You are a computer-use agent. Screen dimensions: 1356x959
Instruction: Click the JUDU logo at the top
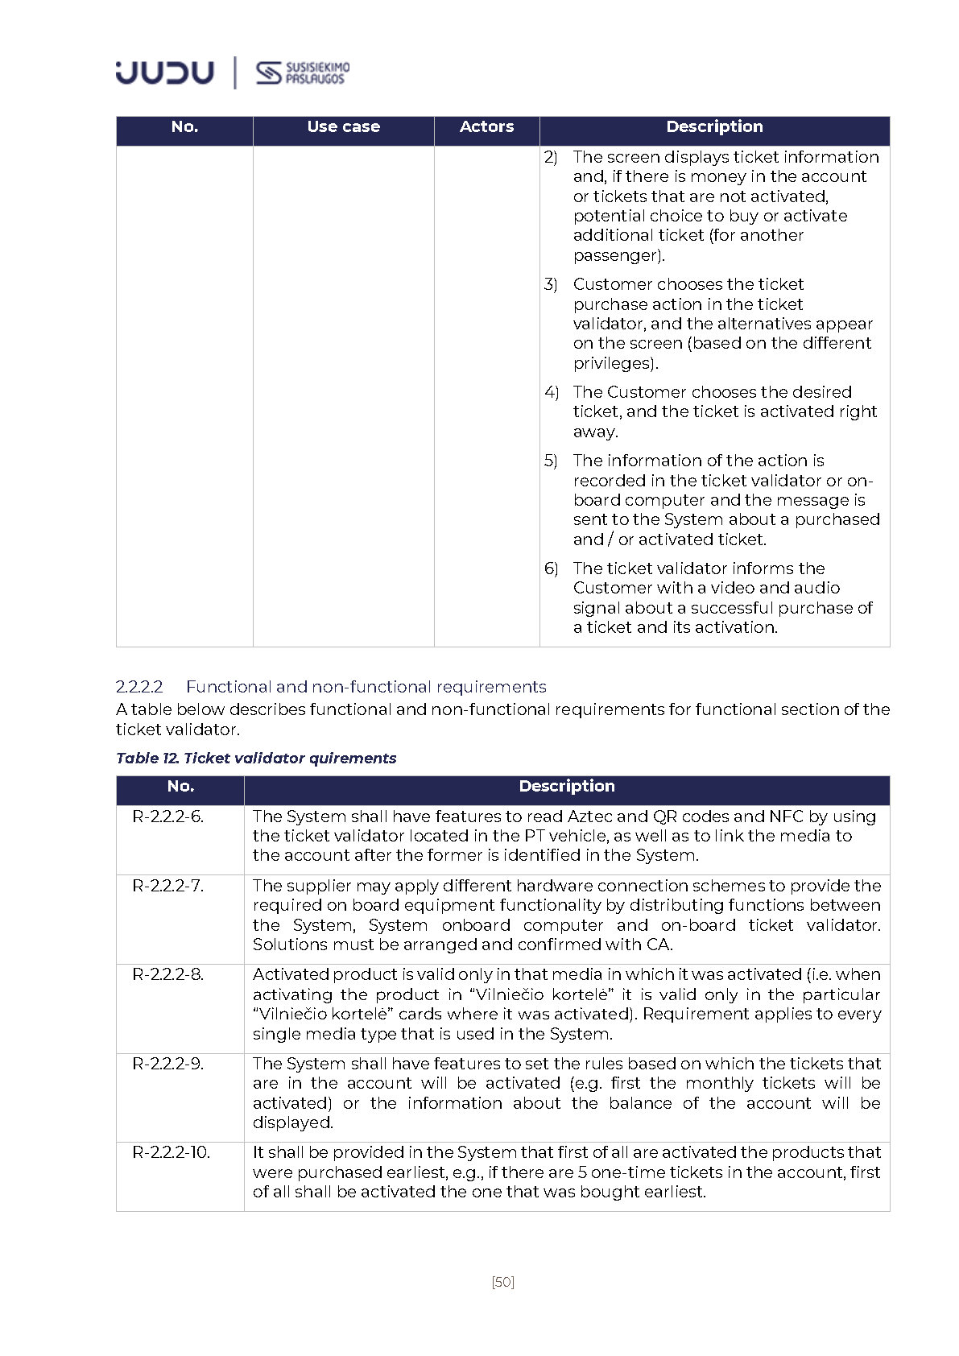pos(164,72)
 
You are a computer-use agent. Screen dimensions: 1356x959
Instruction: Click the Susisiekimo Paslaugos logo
pos(303,73)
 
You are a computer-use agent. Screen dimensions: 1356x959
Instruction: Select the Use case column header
pos(343,127)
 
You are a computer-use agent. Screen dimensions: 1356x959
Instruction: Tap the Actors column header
pos(486,127)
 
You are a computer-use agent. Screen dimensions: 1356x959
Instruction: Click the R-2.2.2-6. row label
pos(168,816)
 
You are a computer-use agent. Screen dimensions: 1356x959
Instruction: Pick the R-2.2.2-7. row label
pos(168,886)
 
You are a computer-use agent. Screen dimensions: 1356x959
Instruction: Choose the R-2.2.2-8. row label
pos(168,974)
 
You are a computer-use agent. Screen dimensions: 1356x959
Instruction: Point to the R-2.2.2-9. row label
pos(168,1064)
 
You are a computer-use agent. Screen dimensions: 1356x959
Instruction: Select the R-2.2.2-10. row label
pos(171,1152)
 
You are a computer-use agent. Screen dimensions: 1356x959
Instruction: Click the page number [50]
pos(502,1282)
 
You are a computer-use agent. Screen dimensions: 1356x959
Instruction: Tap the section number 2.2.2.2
pos(139,687)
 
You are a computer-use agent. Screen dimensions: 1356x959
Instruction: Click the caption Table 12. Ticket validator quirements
pos(256,758)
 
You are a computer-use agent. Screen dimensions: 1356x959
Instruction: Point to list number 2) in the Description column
pos(551,157)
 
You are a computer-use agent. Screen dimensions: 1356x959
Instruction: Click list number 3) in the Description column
pos(551,284)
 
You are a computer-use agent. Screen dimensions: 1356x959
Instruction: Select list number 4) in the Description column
pos(551,392)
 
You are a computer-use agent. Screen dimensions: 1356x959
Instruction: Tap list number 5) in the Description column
pos(551,461)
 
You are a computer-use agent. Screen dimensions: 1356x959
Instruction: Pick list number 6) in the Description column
pos(551,568)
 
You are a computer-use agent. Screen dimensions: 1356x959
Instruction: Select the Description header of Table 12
pos(566,787)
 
